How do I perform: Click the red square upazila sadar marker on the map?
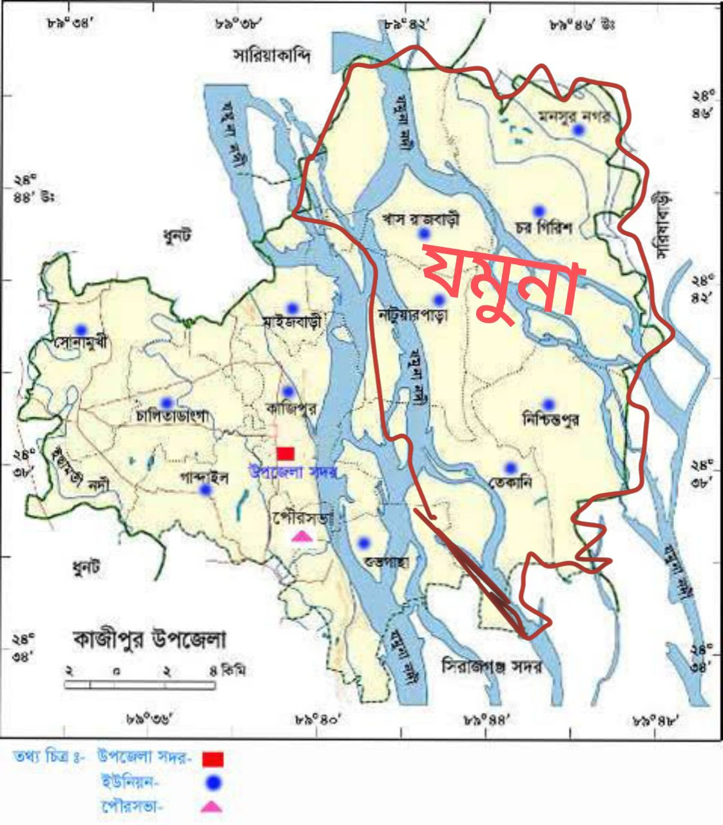(285, 453)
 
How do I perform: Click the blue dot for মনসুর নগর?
(579, 130)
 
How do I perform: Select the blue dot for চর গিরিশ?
(539, 210)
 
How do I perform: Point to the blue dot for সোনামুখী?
(81, 329)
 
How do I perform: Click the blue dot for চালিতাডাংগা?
(167, 402)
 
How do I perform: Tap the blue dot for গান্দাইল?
(206, 490)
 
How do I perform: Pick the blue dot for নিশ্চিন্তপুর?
(548, 404)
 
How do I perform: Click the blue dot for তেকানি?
(510, 468)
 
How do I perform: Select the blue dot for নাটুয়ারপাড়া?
(439, 300)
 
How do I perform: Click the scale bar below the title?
(140, 685)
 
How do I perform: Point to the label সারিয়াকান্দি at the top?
(272, 56)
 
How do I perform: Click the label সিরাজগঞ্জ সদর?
(492, 666)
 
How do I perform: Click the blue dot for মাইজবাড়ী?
(292, 308)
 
